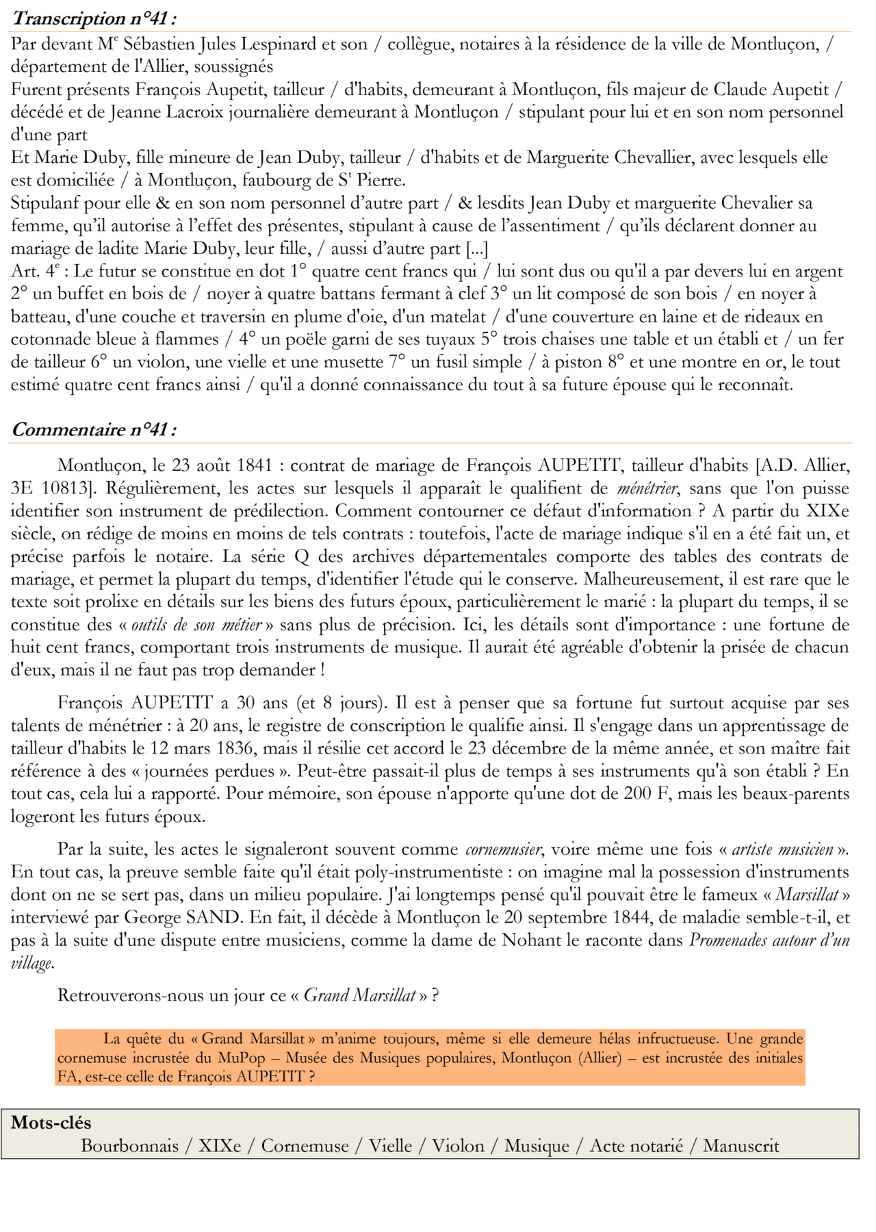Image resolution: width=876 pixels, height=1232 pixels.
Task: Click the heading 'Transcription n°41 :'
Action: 96,18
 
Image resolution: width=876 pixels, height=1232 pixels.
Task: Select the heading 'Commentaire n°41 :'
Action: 94,430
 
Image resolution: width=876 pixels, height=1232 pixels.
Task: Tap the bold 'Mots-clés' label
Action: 51,1123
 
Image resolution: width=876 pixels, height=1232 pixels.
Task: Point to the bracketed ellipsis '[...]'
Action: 476,248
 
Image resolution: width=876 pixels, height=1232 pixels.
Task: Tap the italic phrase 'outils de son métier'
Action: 196,625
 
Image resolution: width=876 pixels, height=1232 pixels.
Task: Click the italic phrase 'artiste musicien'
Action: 782,850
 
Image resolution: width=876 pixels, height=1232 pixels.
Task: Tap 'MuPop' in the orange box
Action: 242,1057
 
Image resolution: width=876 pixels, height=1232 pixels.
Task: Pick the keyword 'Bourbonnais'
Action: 129,1146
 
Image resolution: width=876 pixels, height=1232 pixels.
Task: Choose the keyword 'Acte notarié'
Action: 636,1146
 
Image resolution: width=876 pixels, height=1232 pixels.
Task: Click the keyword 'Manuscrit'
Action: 741,1146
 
